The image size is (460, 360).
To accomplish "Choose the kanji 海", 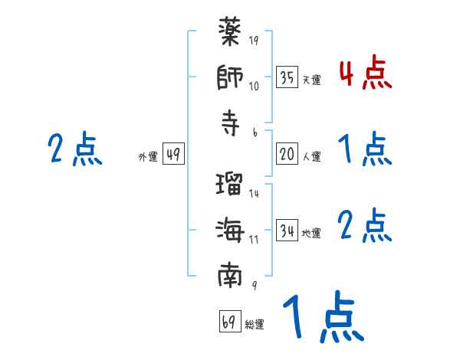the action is pos(230,230).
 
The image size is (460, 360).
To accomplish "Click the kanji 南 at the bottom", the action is pos(230,274).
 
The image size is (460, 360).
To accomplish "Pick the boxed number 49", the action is pos(172,154).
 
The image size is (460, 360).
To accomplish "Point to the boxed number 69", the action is pos(229,321).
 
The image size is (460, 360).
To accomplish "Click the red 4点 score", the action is pos(365,74).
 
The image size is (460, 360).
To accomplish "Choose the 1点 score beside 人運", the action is pos(365,149).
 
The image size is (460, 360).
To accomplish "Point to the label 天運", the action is pos(311,80).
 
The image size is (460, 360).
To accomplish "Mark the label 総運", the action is pos(255,325).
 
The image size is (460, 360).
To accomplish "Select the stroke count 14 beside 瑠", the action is pos(254,194).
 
